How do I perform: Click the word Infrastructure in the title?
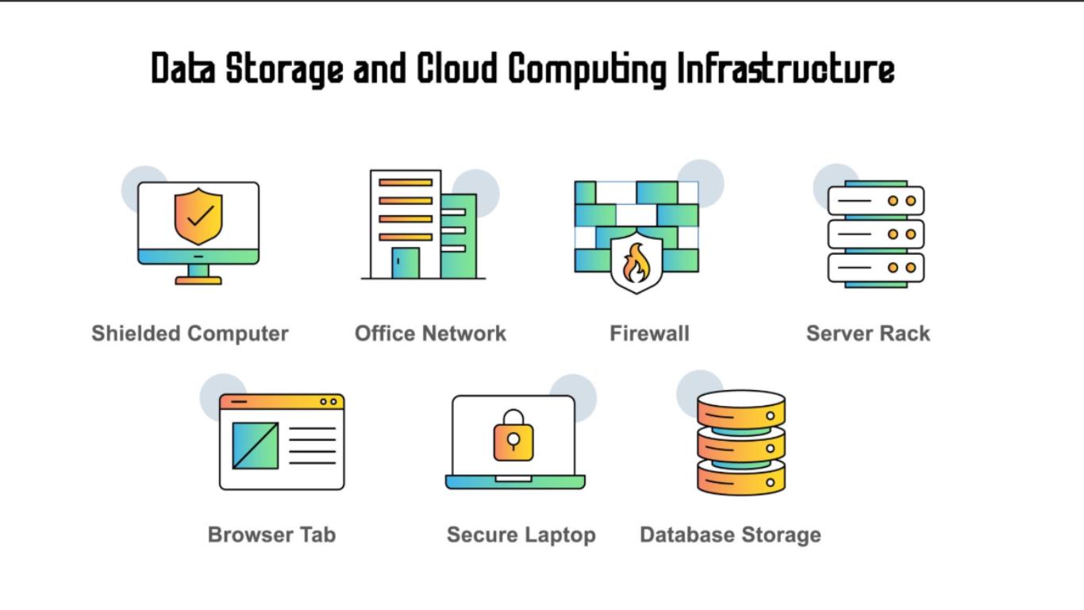click(x=786, y=69)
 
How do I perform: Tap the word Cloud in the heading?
click(x=457, y=68)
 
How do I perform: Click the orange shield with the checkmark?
click(x=198, y=216)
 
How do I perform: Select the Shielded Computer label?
click(x=190, y=334)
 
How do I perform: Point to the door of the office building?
click(x=406, y=263)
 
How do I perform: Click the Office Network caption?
click(x=430, y=334)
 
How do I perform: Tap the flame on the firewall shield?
click(x=636, y=263)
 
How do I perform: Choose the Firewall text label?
click(x=649, y=334)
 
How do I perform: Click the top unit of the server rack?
click(x=876, y=201)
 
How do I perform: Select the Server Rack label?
click(x=868, y=334)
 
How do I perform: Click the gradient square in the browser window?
click(x=256, y=446)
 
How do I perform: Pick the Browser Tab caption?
click(x=271, y=535)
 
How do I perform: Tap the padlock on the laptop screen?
click(x=513, y=435)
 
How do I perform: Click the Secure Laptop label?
click(x=521, y=535)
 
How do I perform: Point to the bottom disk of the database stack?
click(x=741, y=478)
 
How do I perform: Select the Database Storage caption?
click(x=730, y=535)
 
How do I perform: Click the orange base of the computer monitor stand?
click(x=198, y=280)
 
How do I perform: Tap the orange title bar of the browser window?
click(x=282, y=402)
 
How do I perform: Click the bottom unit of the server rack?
click(x=876, y=268)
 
